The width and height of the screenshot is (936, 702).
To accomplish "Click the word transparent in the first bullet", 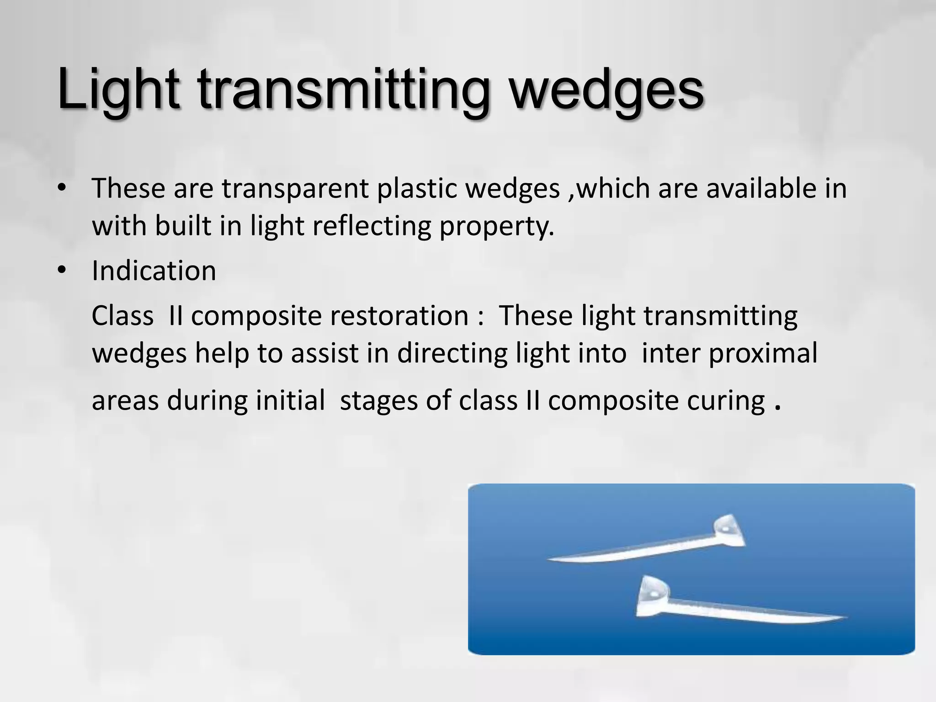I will [295, 189].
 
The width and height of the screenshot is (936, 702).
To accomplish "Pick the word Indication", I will [154, 271].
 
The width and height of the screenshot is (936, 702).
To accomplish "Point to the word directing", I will [452, 353].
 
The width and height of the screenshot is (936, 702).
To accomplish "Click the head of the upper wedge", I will [728, 531].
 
